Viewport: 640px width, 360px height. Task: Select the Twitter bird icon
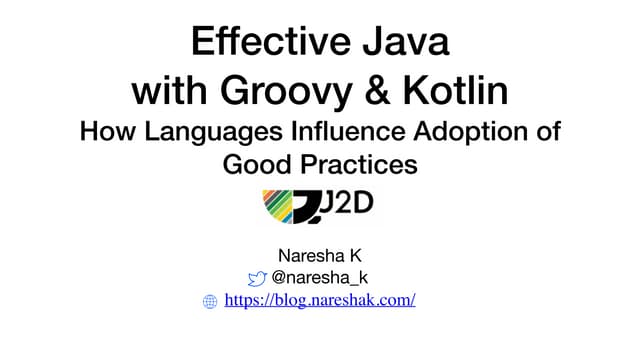257,278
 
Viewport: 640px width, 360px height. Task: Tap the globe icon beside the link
210,301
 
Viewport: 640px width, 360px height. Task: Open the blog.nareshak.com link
320,300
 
